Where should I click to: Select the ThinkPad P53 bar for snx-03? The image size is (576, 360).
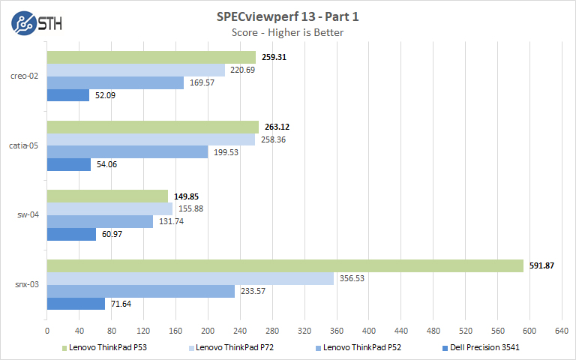point(285,265)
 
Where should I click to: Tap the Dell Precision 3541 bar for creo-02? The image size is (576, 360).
point(68,95)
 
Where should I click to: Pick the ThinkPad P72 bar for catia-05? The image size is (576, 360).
point(151,139)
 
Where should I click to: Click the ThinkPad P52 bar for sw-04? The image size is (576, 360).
point(100,222)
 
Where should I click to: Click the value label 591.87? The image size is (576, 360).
point(541,265)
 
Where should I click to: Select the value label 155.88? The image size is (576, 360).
point(190,208)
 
